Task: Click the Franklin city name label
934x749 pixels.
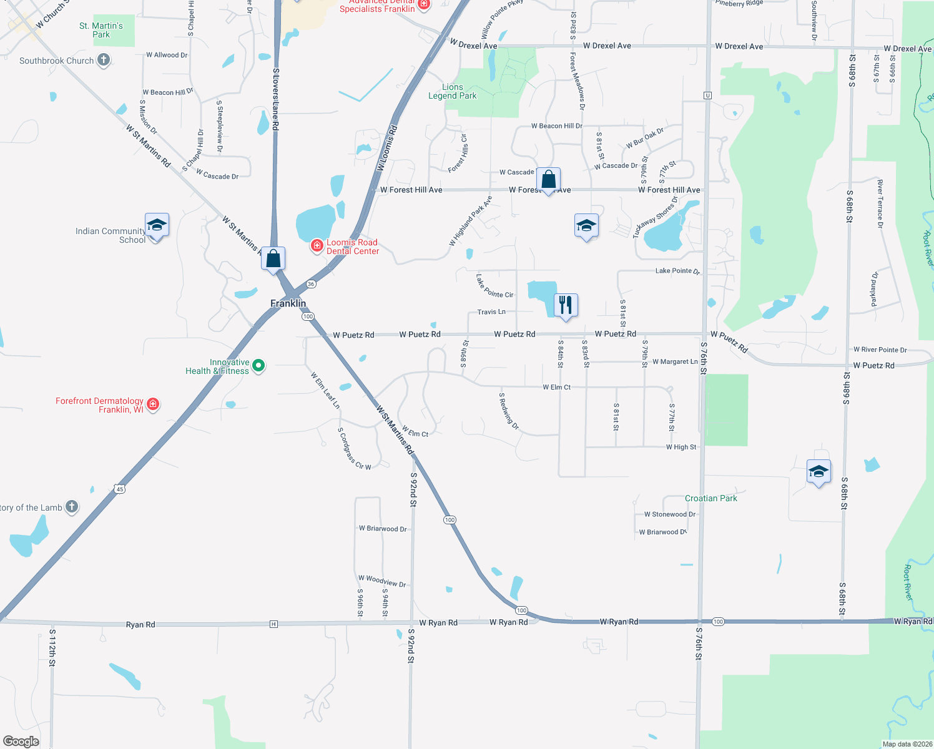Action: pos(288,303)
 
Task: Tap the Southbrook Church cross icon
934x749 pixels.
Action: pos(104,60)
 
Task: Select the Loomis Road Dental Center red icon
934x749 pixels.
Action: pos(317,245)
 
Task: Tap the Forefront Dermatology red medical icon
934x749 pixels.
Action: pos(153,404)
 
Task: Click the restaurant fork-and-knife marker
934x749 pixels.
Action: pos(566,305)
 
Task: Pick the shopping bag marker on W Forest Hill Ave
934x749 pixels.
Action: pos(548,180)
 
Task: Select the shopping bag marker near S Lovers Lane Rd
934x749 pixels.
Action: pos(273,258)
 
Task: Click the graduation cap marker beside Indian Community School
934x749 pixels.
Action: pos(157,225)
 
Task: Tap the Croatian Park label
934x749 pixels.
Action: pos(710,498)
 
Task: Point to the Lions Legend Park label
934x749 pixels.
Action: pos(453,92)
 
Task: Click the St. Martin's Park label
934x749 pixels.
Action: pos(101,30)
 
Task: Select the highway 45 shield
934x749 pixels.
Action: pos(119,489)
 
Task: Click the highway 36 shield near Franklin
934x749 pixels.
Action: pos(311,284)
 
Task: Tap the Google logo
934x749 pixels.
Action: pos(21,741)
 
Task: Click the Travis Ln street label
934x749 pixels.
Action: pos(491,312)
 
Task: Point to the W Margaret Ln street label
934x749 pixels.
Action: pos(675,362)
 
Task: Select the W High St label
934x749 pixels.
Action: pos(681,447)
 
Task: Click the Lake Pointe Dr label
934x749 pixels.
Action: pos(677,271)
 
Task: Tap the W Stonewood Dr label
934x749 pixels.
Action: pos(670,514)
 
